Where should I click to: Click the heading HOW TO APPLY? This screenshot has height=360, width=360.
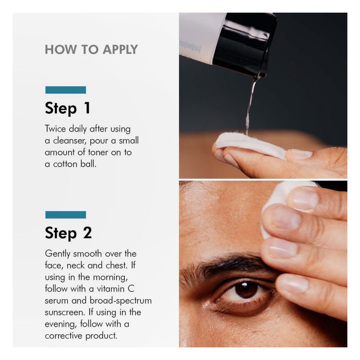(91, 49)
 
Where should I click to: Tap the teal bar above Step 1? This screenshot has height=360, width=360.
(66, 90)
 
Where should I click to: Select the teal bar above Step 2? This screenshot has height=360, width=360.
(66, 215)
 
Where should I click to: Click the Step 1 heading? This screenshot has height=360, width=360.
(68, 108)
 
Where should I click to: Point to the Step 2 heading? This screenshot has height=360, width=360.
(69, 233)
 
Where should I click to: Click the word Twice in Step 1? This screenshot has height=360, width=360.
(55, 129)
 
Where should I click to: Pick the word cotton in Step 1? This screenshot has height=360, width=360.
(65, 164)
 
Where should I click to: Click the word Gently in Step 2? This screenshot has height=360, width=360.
(57, 254)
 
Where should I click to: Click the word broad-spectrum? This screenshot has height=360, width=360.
(120, 301)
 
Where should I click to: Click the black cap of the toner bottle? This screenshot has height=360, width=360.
(245, 44)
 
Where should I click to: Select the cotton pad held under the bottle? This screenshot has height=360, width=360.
(250, 145)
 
